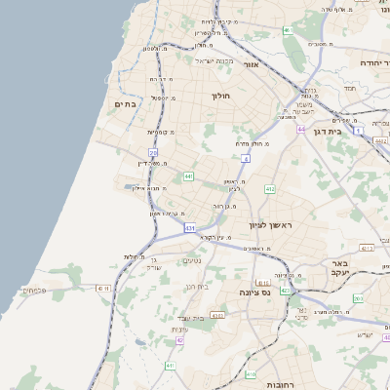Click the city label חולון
[x=221, y=96]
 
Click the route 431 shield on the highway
[x=189, y=227]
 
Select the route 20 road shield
[x=153, y=153]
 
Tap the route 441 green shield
[x=188, y=175]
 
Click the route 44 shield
[x=302, y=129]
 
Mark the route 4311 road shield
[x=103, y=288]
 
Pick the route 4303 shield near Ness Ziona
[x=218, y=315]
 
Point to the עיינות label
[x=178, y=329]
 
